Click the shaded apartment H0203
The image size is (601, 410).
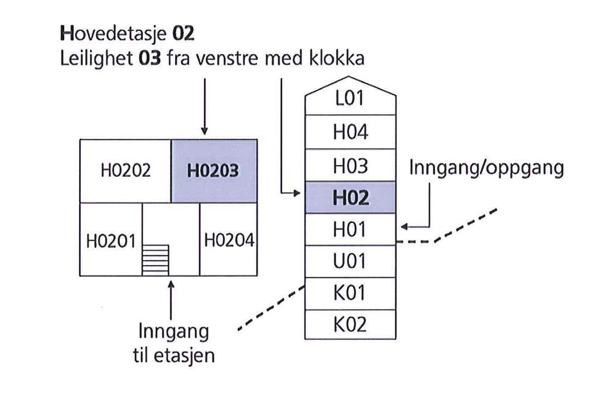(214, 171)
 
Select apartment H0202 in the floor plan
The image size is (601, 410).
(125, 171)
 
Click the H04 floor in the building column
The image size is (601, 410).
(350, 132)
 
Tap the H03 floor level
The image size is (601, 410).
(350, 165)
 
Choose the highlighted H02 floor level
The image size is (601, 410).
(350, 198)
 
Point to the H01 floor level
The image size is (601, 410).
(350, 229)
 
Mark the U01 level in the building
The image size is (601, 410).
(350, 261)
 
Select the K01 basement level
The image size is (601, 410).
(350, 293)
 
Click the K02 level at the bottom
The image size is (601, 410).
(350, 324)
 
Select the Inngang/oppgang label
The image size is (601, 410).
(486, 169)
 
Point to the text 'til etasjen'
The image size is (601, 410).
(174, 356)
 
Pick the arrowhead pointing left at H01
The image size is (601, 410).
(404, 227)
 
